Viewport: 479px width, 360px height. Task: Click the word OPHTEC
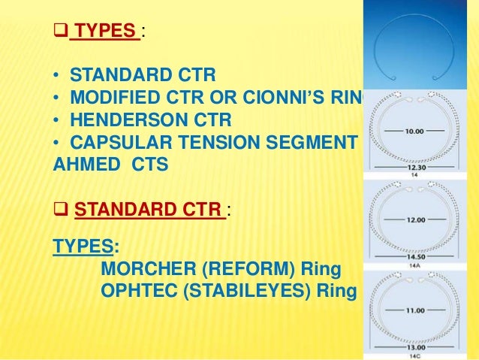point(135,290)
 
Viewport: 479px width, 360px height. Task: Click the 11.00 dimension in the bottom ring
point(414,310)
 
